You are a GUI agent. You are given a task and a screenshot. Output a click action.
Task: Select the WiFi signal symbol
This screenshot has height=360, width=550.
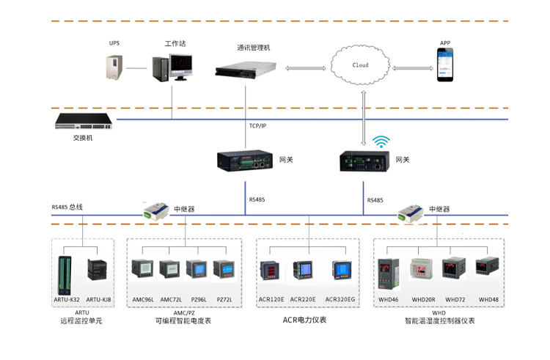tap(381, 142)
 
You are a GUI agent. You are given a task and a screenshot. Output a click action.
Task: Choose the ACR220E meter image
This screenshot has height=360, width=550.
tap(302, 269)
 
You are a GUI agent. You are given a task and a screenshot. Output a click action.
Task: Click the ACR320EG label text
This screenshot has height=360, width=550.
tap(340, 300)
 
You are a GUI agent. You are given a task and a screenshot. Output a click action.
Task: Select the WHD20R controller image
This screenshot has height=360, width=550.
tap(423, 270)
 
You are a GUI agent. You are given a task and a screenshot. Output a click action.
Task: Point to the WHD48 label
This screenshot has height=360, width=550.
tap(488, 300)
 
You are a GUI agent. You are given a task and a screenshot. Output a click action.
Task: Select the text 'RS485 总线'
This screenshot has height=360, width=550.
tap(67, 207)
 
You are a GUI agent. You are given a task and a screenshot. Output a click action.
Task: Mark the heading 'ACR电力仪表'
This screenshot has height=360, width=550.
tap(304, 320)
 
